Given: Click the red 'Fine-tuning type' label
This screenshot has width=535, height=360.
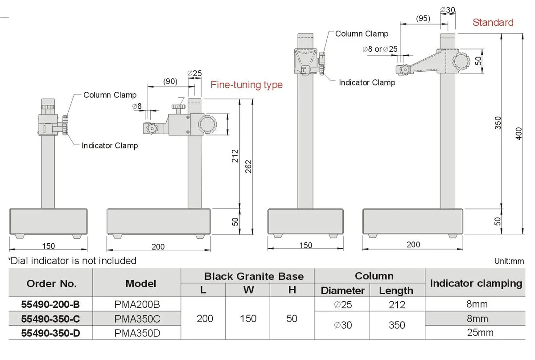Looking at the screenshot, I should [x=247, y=85].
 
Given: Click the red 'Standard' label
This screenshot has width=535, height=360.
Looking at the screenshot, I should [x=493, y=22].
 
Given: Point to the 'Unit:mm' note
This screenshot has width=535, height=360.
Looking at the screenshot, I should [x=509, y=261].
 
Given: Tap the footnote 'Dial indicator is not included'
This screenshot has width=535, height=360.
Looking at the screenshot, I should [x=73, y=261].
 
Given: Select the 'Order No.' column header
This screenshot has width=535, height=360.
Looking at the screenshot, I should [x=51, y=283].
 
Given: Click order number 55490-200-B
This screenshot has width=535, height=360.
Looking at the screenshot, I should [x=51, y=305].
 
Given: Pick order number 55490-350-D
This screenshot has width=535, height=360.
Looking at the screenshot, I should [x=51, y=333].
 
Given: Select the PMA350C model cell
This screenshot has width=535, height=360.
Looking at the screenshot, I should [x=136, y=319].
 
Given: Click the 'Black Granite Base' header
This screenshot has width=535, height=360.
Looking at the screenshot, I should [x=247, y=276].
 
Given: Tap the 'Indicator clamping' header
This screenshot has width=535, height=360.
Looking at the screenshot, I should [x=476, y=283].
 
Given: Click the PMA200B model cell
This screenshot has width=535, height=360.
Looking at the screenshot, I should [x=136, y=305].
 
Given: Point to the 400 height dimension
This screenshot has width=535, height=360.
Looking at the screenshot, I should [x=519, y=133].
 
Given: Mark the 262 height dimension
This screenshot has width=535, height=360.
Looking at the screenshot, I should [x=248, y=168].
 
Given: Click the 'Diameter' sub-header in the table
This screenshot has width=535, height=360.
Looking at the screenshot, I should [x=342, y=290].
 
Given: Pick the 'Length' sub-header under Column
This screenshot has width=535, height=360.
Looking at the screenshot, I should [x=396, y=290].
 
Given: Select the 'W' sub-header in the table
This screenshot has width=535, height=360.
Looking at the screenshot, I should [x=248, y=290].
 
